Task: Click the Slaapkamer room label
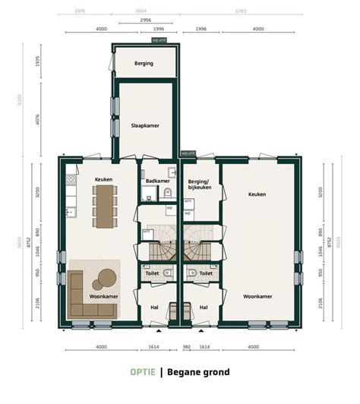tap(144, 126)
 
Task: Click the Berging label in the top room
tap(144, 63)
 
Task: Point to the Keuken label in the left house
tap(103, 179)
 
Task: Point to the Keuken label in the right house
tap(257, 194)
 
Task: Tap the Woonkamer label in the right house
tap(257, 296)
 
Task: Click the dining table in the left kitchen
tap(104, 206)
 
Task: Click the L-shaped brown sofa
tap(78, 296)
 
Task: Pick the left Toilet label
tap(153, 273)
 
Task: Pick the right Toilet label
tap(205, 273)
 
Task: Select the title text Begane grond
tap(197, 372)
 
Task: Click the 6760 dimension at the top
tap(240, 11)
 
